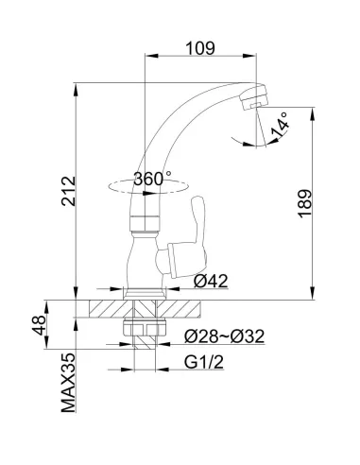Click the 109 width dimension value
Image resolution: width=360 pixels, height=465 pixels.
pos(200,46)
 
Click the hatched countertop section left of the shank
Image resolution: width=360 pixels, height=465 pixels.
pos(109,309)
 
